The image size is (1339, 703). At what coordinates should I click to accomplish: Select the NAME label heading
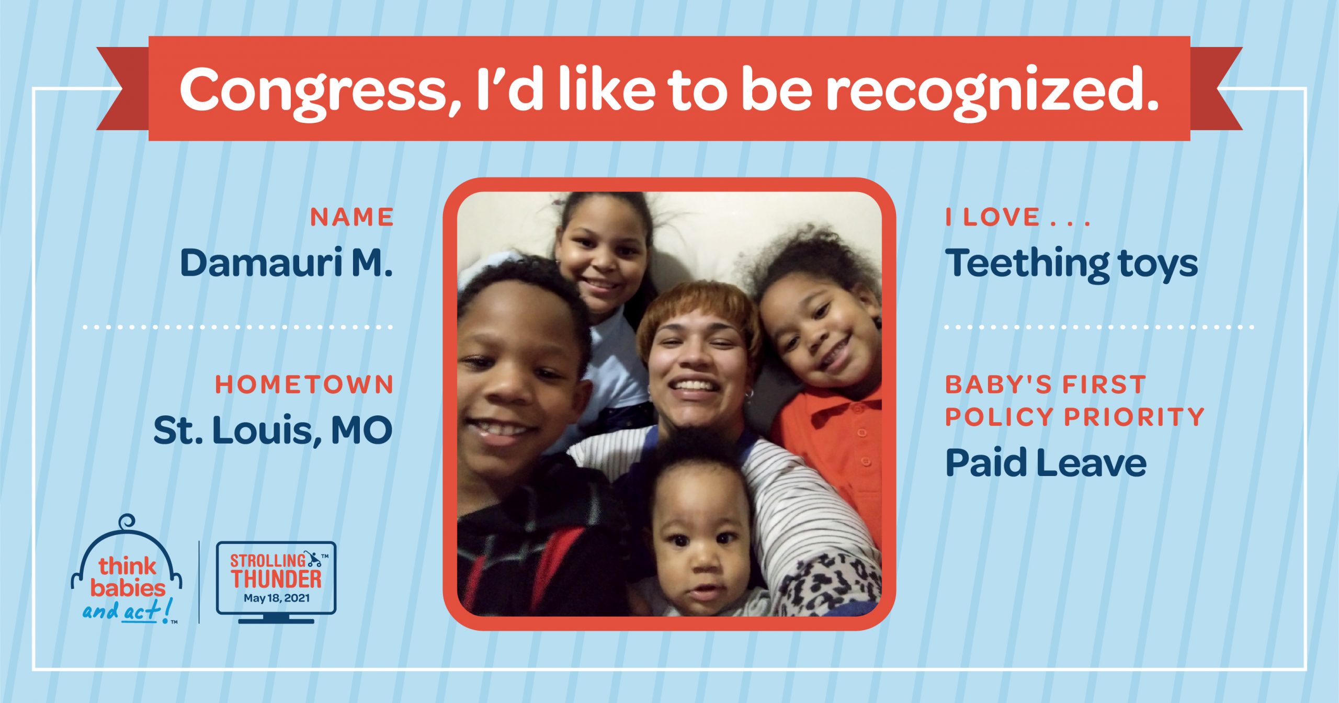(x=352, y=217)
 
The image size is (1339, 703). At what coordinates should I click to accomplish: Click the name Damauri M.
(x=286, y=263)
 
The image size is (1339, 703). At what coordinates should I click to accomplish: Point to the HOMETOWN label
(x=304, y=385)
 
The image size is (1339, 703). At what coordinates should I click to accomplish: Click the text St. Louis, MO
(x=273, y=430)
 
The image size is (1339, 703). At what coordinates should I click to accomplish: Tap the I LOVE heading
(x=1018, y=217)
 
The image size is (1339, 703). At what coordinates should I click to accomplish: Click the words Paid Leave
(x=1046, y=462)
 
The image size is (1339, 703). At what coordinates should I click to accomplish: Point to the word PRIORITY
(x=1134, y=417)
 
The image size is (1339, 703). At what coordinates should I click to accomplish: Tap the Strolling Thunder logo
(x=276, y=582)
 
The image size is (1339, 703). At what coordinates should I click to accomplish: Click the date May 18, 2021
(x=277, y=598)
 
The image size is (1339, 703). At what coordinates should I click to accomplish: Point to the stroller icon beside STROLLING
(x=314, y=560)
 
